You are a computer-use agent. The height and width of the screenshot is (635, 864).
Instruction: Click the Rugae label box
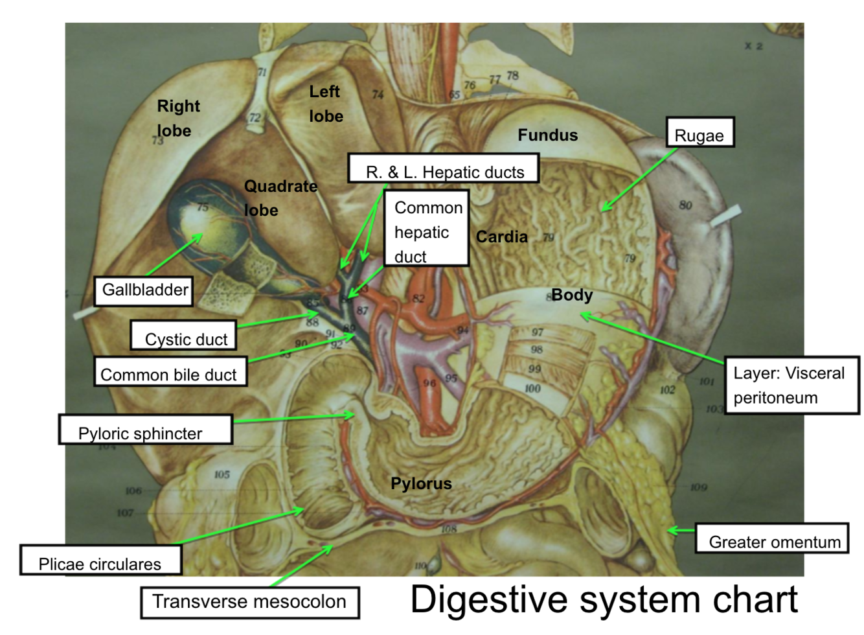[699, 133]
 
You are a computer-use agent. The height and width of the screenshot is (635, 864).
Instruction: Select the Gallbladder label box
[144, 290]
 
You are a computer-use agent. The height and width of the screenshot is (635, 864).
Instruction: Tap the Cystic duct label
[184, 336]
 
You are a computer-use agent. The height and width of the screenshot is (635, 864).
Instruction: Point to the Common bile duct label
[170, 373]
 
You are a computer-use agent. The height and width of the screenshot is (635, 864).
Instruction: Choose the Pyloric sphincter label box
[145, 430]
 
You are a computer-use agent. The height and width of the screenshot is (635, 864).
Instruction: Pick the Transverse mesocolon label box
[249, 602]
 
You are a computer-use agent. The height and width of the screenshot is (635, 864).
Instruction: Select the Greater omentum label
[772, 539]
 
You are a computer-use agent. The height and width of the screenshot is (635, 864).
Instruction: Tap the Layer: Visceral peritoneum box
[791, 385]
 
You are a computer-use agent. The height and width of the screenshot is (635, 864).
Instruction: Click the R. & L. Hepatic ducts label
[444, 170]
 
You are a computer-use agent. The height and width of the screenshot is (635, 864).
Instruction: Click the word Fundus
[547, 135]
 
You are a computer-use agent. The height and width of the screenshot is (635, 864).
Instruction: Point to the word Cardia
[502, 237]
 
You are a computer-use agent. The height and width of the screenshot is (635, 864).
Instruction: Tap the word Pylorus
[421, 483]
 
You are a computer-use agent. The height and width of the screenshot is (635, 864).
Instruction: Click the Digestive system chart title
[604, 599]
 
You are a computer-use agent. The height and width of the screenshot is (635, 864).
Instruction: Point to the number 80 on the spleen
[685, 205]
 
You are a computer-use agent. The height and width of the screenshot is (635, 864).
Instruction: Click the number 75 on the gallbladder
[203, 207]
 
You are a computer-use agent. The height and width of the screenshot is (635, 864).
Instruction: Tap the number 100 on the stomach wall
[532, 389]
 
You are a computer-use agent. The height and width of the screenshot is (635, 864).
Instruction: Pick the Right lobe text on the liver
[177, 118]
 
